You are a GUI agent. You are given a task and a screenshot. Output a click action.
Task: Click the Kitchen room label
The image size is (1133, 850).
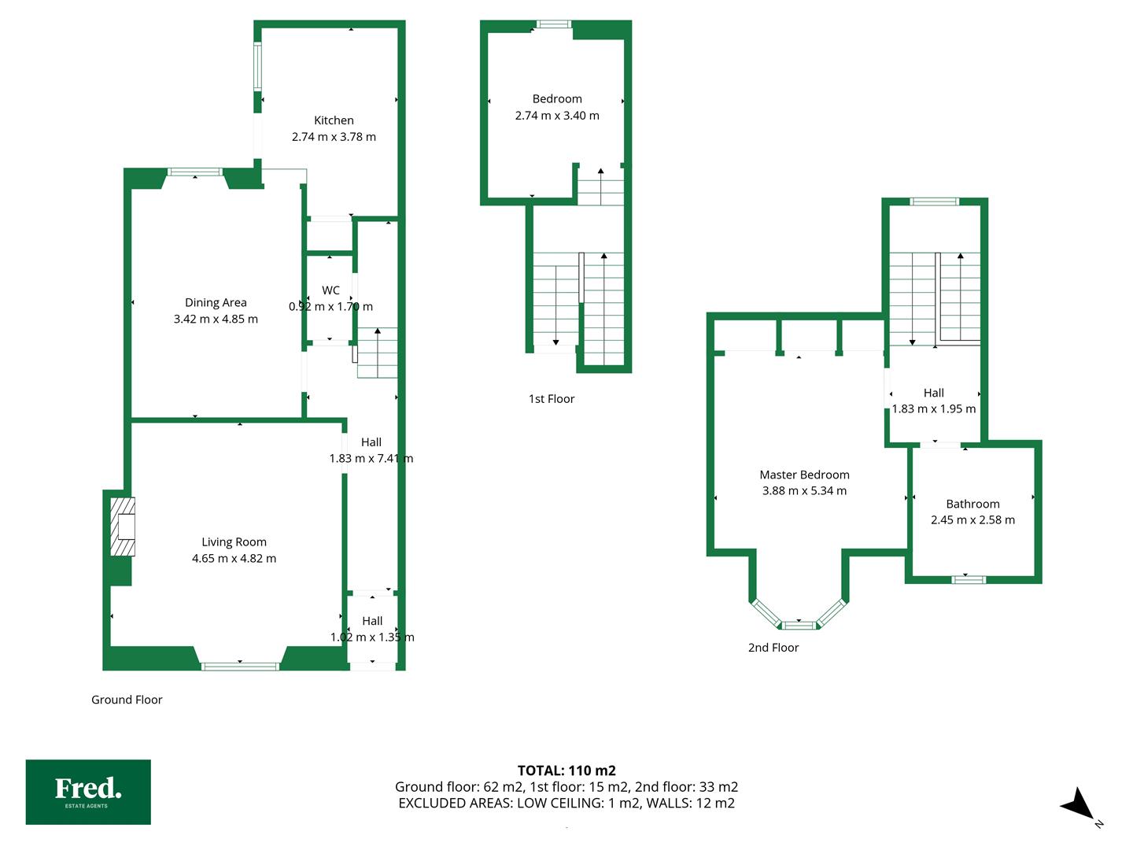click(334, 120)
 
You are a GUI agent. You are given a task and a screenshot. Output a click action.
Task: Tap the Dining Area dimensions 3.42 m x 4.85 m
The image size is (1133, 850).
click(216, 319)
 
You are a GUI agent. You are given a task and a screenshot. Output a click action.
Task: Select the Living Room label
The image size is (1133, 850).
click(234, 542)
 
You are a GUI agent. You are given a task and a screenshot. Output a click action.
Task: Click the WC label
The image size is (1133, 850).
click(331, 290)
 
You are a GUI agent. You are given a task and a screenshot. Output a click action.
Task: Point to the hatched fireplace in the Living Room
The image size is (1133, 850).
click(123, 527)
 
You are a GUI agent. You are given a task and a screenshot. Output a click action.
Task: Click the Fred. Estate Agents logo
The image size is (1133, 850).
click(88, 792)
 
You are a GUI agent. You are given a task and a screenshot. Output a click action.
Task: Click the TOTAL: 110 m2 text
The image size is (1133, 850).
click(566, 771)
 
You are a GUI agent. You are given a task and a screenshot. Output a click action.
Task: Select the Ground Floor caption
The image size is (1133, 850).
click(127, 700)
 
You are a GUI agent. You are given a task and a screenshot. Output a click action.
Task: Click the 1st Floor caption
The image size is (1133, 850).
click(552, 398)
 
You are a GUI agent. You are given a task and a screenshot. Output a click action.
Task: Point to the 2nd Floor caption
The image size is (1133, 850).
click(773, 647)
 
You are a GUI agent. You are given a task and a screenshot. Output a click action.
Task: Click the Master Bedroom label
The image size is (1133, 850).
click(804, 475)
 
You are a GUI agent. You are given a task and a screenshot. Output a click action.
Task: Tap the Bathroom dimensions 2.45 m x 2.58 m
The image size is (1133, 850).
click(972, 519)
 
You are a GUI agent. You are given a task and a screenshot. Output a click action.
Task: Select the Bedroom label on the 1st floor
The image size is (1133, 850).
click(557, 98)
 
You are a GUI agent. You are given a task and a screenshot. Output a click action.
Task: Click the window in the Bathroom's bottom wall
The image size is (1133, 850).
click(969, 579)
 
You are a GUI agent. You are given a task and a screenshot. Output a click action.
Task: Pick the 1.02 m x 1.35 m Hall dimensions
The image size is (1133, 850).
click(372, 637)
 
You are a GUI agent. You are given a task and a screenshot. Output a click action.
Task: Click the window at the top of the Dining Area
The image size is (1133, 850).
click(194, 172)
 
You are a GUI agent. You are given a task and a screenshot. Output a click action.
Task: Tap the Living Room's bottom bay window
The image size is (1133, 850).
click(240, 667)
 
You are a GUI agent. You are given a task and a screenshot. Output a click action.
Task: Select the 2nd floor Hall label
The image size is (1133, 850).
click(933, 393)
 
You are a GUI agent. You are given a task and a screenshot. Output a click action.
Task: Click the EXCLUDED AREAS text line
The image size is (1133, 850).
click(566, 803)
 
